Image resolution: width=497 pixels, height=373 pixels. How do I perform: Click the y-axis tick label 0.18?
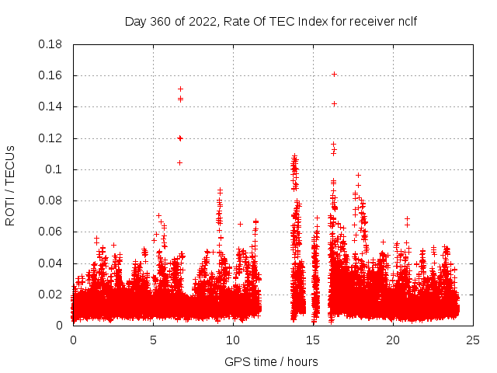click(51, 44)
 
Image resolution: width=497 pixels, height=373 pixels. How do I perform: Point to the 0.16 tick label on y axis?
click(51, 75)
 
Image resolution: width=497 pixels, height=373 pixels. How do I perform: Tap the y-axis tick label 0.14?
click(51, 106)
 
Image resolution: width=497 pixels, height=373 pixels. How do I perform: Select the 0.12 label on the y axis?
click(51, 138)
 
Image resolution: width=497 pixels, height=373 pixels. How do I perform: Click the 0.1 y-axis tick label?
click(54, 169)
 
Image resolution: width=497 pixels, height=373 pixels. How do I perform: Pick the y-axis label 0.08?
click(51, 200)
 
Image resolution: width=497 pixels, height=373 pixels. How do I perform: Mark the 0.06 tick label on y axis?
click(51, 232)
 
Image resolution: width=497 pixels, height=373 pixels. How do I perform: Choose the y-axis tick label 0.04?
click(51, 263)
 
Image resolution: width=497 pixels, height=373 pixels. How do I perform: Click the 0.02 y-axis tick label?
click(51, 295)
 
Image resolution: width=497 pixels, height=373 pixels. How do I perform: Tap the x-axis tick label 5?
click(153, 340)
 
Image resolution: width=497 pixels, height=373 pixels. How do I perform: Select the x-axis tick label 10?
click(233, 340)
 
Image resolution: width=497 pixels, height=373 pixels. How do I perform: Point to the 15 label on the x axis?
click(313, 340)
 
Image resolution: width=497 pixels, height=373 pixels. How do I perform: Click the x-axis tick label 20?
click(393, 340)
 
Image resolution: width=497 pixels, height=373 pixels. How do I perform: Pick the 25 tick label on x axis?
click(473, 340)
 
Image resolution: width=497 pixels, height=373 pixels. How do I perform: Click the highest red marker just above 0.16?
click(334, 74)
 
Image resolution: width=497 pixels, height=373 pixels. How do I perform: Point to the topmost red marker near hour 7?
click(180, 89)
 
